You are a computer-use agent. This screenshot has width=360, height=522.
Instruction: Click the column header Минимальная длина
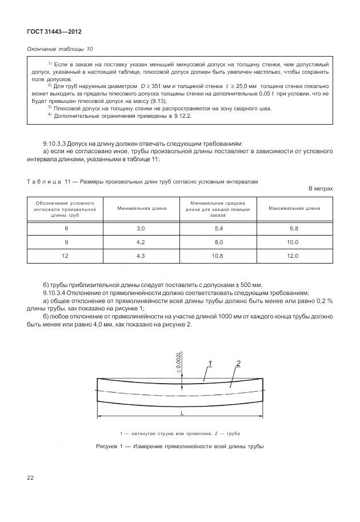pos(142,208)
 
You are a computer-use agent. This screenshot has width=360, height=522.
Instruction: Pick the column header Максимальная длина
pos(294,208)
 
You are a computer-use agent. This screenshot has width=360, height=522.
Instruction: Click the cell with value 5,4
pos(218,228)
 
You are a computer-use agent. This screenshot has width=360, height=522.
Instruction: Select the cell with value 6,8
pos(294,228)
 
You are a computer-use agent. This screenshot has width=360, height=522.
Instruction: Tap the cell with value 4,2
pos(142,242)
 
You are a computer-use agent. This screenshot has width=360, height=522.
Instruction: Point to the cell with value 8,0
pos(218,242)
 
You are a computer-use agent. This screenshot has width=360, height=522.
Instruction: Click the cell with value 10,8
pos(218,256)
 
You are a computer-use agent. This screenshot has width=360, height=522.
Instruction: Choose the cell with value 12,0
pos(294,256)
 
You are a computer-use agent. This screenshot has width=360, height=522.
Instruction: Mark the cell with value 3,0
pos(142,228)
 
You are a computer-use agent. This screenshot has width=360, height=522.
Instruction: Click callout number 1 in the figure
pos(210,364)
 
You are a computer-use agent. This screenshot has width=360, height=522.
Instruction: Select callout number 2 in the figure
pos(238,364)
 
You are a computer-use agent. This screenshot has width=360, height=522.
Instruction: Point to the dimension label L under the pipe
pos(181,412)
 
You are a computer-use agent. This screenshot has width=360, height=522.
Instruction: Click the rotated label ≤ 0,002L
pos(179,363)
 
